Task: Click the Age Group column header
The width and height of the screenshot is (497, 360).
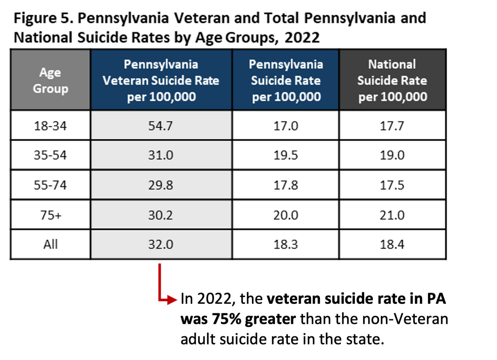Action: tap(50, 80)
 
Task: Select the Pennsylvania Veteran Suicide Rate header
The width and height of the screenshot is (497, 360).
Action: tap(161, 80)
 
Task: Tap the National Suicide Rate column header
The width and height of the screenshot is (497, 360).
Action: tap(392, 80)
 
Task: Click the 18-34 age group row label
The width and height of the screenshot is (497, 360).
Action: tap(50, 126)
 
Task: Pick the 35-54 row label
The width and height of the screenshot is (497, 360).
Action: tap(50, 155)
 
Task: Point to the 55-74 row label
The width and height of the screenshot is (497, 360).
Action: tap(50, 185)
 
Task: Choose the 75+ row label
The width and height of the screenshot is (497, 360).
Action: tap(50, 215)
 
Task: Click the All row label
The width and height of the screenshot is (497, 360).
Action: tap(50, 244)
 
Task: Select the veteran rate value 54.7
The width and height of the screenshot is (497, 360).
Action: tap(161, 126)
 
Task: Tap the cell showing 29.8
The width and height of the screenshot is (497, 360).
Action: tap(161, 185)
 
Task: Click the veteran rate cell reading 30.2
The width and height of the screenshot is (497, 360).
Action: tap(161, 215)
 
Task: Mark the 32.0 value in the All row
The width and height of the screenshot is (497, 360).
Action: tap(161, 244)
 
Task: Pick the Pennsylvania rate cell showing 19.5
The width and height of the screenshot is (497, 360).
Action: tap(285, 155)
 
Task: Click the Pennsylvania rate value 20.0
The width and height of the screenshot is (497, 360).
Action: tap(285, 215)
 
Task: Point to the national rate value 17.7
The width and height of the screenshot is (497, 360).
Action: tap(392, 126)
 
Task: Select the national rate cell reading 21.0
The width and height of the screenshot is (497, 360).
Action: tap(392, 215)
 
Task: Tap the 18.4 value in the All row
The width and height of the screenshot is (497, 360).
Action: tap(392, 244)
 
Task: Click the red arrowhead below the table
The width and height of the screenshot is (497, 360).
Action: tap(174, 300)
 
